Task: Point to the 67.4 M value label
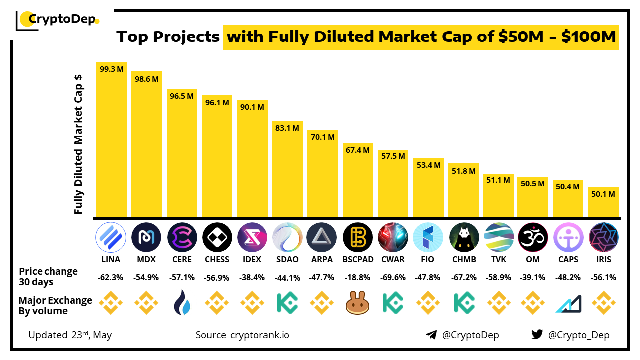(357, 150)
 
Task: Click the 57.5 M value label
(392, 156)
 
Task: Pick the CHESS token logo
(217, 237)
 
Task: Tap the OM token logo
(533, 237)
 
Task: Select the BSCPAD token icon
(357, 237)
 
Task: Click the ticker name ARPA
(322, 259)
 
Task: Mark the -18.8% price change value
(357, 278)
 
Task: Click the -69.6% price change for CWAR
(393, 278)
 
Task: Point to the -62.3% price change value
(111, 278)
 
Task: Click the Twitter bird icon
(537, 335)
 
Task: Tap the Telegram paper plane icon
(431, 335)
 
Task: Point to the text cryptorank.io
(259, 335)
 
